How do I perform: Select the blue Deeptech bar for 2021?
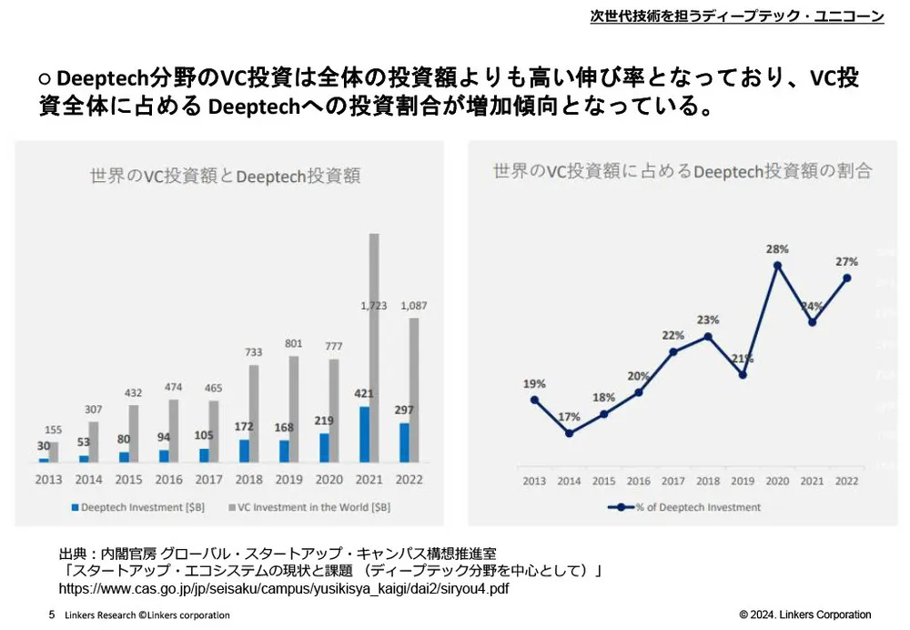point(364,434)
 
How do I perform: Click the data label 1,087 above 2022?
point(414,304)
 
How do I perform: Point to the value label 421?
point(364,394)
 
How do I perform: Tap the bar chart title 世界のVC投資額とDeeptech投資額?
point(225,176)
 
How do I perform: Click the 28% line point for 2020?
point(778,266)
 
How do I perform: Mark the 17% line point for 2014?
point(569,433)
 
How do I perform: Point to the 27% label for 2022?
point(847,261)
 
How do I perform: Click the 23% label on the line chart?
point(708,320)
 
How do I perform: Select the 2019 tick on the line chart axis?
point(743,482)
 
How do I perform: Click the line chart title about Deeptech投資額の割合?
point(682,170)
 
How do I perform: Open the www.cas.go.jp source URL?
point(283,589)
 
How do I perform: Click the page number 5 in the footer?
point(51,615)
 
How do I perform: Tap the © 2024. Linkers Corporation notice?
point(804,615)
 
